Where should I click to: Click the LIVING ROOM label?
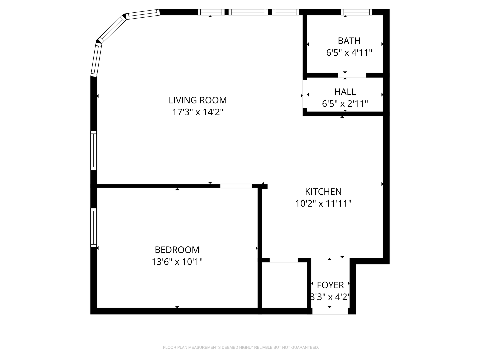(x=197, y=100)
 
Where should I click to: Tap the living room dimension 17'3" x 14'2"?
(x=197, y=112)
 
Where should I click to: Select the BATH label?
(x=349, y=41)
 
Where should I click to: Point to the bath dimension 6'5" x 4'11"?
(x=349, y=53)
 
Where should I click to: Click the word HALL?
(x=345, y=92)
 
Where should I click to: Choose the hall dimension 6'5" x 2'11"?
(x=345, y=104)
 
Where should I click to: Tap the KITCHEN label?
(x=323, y=192)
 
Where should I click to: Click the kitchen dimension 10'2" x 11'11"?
(x=323, y=203)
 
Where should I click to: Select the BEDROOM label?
(x=177, y=250)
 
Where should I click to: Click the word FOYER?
(x=330, y=285)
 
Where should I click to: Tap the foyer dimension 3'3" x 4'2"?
(x=330, y=297)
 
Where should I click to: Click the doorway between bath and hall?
(x=352, y=75)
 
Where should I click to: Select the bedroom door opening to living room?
(x=236, y=186)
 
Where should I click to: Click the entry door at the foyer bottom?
(x=330, y=311)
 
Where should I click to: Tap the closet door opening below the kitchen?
(x=284, y=260)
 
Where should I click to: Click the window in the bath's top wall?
(x=356, y=12)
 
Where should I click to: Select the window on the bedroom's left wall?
(x=93, y=228)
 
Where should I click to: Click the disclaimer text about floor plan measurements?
(x=241, y=347)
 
